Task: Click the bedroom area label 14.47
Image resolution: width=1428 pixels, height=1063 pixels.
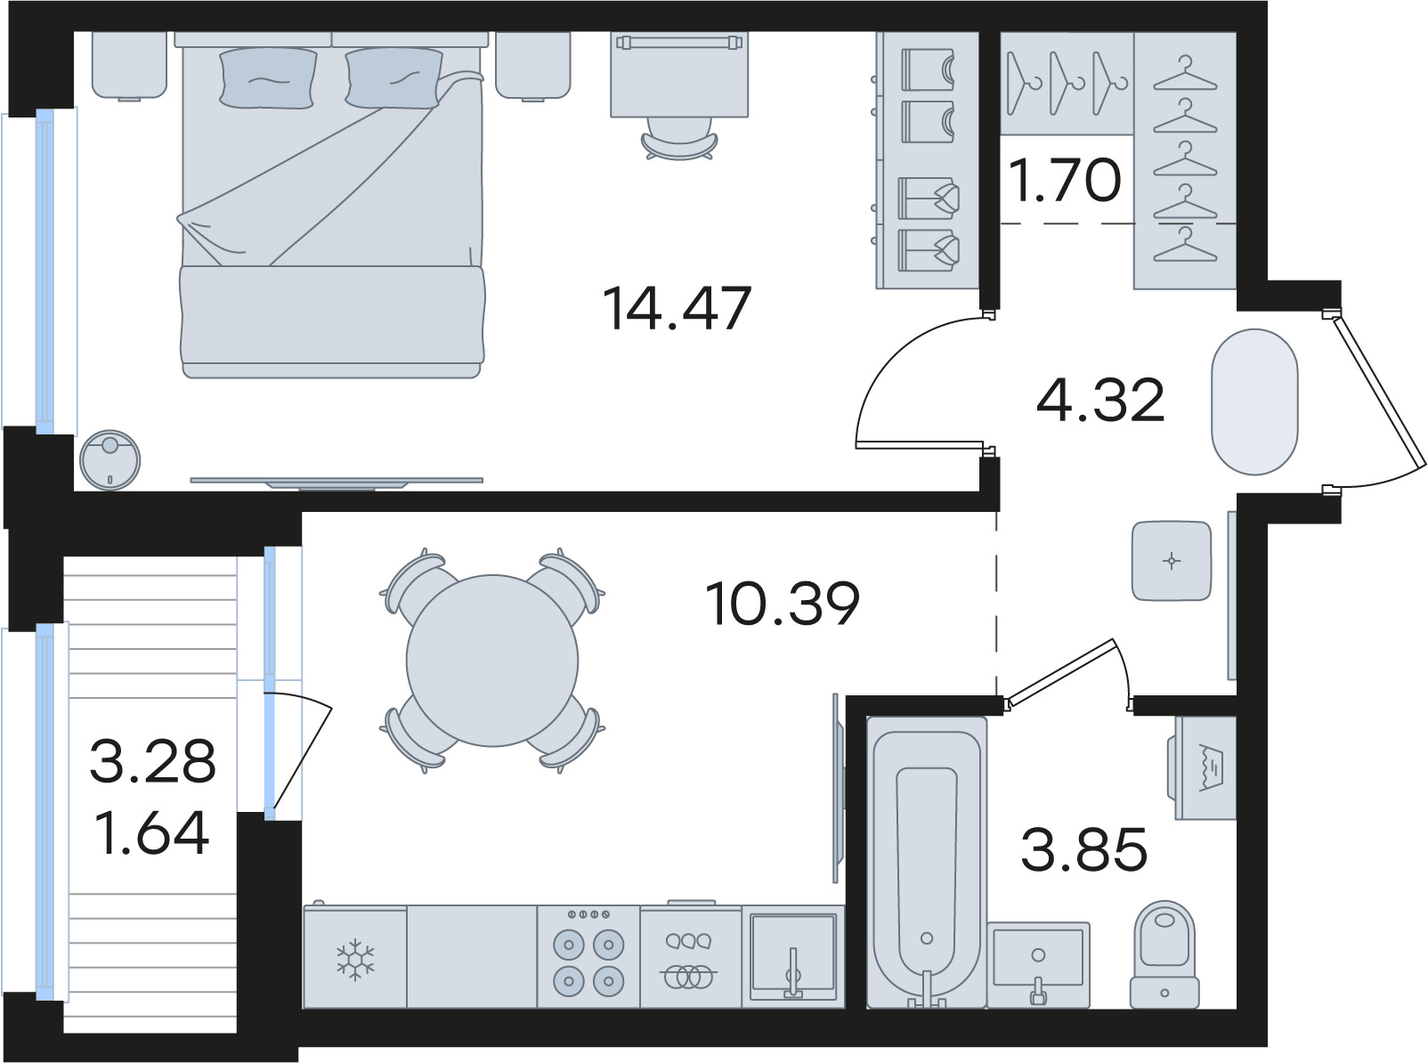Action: tap(677, 308)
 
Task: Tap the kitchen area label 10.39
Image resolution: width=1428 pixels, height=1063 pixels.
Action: tap(783, 604)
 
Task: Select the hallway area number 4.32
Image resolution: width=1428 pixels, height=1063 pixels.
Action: tap(1100, 400)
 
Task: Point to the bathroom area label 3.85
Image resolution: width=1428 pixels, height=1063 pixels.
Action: tap(1084, 848)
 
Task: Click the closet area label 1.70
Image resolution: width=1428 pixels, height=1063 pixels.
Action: tap(1065, 180)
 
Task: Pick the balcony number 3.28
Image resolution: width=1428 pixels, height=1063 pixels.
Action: tap(152, 762)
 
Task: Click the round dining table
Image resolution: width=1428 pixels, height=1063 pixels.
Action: tap(492, 661)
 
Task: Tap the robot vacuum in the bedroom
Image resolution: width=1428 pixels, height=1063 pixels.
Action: tap(110, 459)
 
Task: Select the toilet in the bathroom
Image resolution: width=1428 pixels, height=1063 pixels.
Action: tap(1164, 954)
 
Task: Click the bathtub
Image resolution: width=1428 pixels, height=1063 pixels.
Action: tap(927, 863)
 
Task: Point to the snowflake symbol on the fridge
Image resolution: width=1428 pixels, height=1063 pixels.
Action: tap(354, 960)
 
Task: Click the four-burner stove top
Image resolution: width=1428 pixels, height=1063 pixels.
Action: tap(588, 956)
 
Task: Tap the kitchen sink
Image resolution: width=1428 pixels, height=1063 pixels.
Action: tap(793, 956)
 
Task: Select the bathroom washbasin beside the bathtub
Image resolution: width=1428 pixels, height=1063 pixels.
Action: tap(1038, 964)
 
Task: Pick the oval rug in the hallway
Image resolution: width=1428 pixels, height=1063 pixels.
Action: tap(1254, 402)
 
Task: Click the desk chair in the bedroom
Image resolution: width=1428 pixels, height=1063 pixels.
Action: tap(679, 138)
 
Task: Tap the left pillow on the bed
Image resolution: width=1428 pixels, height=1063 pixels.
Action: tap(268, 78)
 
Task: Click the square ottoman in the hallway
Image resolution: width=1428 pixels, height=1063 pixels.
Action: tap(1172, 561)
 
